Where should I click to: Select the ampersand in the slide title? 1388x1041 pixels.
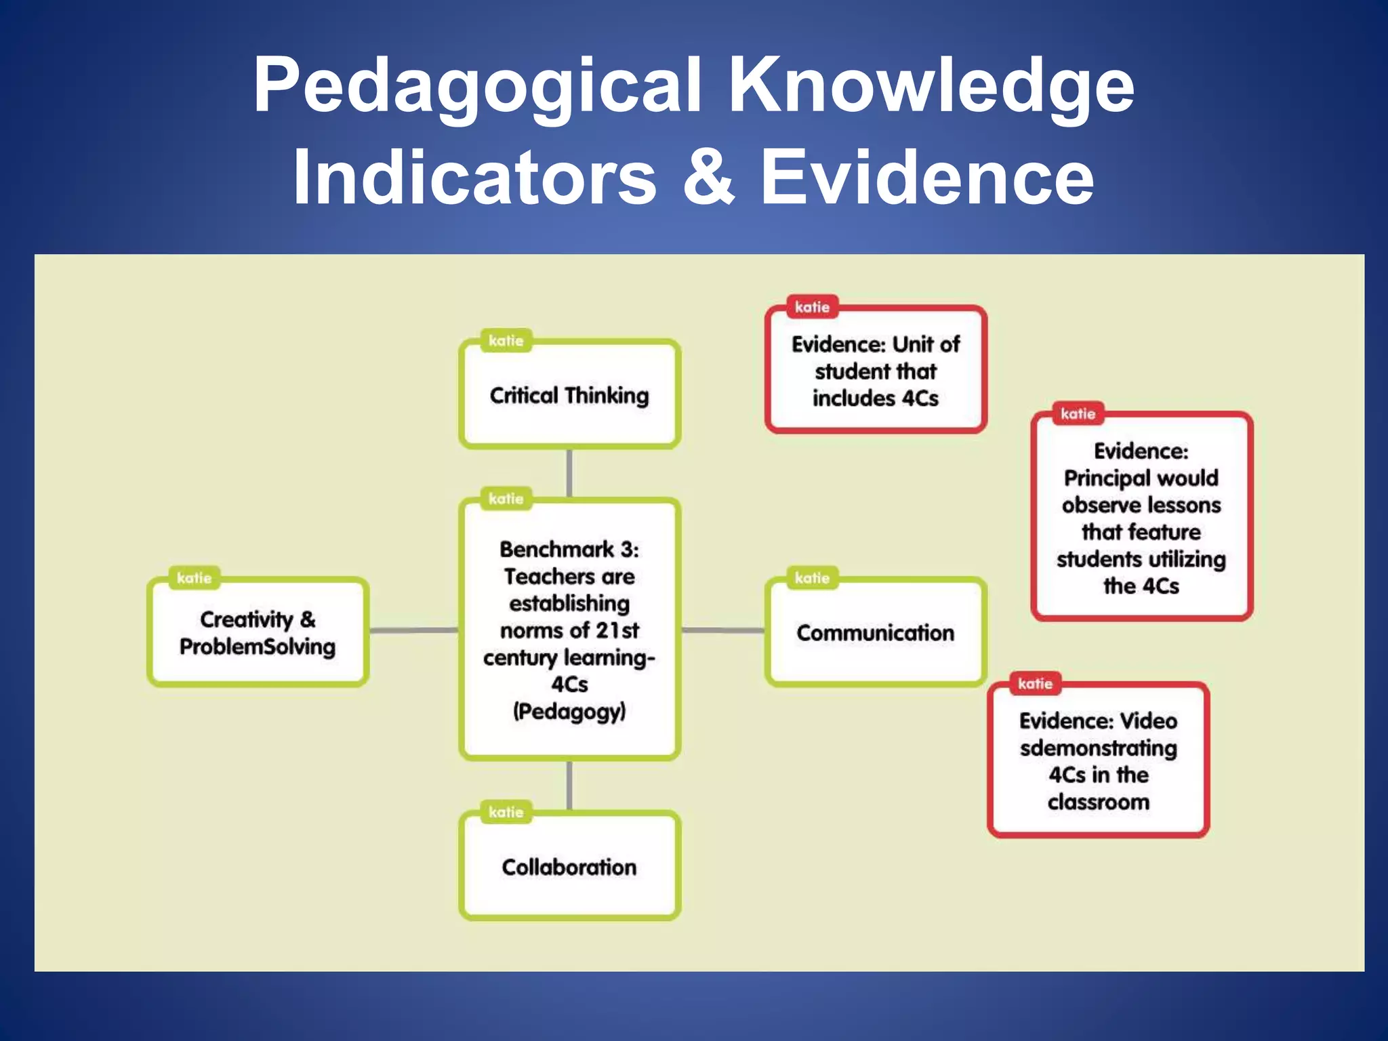[709, 178]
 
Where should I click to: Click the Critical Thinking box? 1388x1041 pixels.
[569, 395]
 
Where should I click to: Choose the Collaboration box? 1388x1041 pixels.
[569, 867]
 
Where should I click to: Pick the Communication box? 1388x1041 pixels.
[875, 632]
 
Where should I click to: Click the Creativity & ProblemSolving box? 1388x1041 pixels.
[258, 632]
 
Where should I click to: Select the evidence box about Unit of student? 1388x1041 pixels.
[875, 371]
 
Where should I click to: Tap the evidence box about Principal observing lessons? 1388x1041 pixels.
[1141, 518]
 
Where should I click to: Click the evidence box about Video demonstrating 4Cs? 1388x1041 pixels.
[1098, 761]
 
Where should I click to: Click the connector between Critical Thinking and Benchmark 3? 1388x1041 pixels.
[569, 473]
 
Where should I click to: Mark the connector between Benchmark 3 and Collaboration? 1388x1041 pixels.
[569, 785]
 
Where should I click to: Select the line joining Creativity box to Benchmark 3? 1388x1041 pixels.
[413, 630]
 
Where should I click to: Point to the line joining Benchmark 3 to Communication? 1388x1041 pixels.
[723, 630]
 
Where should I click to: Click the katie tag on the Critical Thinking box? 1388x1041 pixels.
[506, 340]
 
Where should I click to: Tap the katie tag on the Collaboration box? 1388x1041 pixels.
[506, 812]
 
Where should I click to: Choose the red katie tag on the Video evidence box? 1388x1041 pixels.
[1035, 684]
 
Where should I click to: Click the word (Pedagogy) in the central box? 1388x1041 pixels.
[569, 712]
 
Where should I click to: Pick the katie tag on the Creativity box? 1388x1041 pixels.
[195, 578]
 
